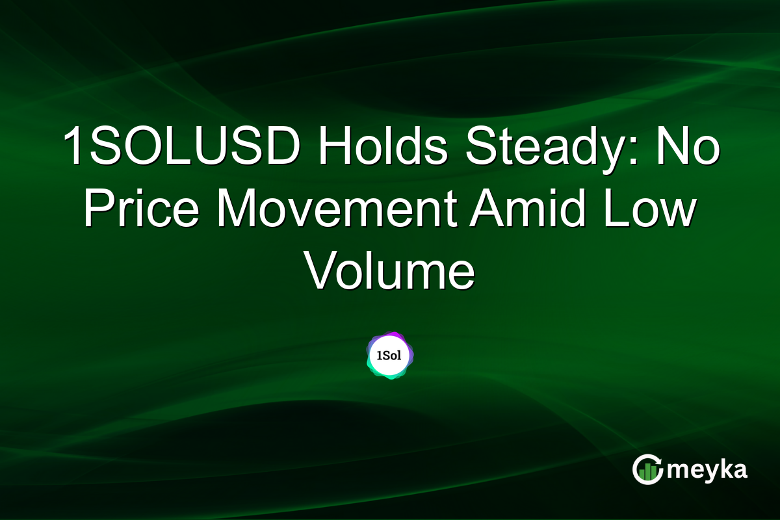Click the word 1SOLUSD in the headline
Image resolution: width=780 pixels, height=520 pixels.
[182, 148]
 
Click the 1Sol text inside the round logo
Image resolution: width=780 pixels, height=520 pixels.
[390, 356]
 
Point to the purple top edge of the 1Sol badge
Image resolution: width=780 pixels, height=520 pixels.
[390, 334]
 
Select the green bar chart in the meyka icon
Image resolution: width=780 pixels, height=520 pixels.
[647, 473]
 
